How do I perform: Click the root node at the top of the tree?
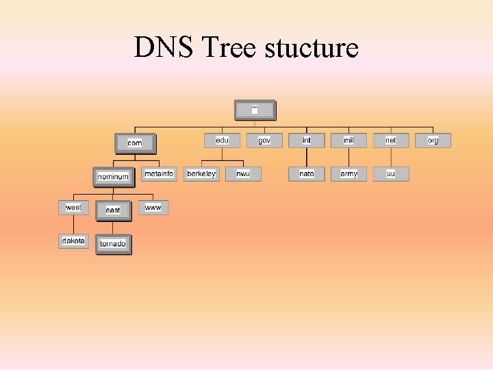pos(255,110)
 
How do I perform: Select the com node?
pos(135,143)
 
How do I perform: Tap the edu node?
pos(222,140)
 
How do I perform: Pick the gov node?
pos(264,140)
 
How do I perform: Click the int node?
pos(307,140)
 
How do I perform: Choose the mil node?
pos(349,140)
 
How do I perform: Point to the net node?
pos(391,140)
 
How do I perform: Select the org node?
pos(433,140)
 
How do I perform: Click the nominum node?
pos(113,177)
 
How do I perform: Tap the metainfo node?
pos(159,174)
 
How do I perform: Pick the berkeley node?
pos(201,174)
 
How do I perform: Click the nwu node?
pos(243,174)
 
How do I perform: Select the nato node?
pos(307,174)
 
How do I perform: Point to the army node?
pos(349,174)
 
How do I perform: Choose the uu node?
pos(391,174)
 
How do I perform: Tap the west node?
pos(73,208)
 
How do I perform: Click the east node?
pos(113,210)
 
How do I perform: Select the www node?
pos(153,208)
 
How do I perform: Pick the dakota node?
pos(73,241)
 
